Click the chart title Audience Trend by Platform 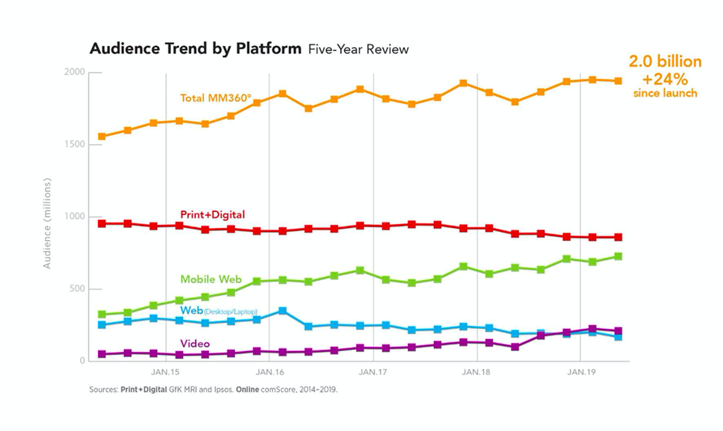195,49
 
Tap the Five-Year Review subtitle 358,50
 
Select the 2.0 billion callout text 665,62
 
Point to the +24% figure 665,79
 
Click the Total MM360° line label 216,98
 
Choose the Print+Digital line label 212,215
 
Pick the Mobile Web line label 211,279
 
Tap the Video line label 195,344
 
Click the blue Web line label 192,311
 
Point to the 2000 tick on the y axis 75,72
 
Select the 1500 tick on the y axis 75,144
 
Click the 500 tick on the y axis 77,289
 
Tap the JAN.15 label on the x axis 165,372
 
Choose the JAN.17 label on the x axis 373,372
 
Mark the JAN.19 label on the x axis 582,372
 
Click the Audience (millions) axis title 47,223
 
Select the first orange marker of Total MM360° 102,136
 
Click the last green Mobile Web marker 618,256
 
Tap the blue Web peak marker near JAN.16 282,311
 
